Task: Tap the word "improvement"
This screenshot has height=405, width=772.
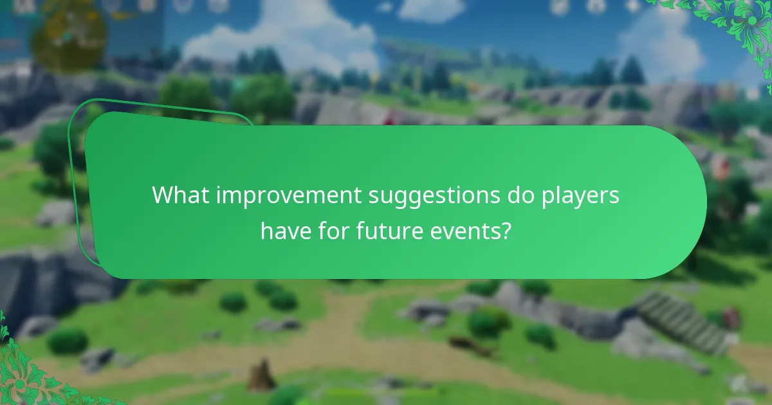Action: (x=289, y=195)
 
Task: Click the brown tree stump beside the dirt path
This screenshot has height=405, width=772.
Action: (x=262, y=375)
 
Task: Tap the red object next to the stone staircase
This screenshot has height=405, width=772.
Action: (x=731, y=318)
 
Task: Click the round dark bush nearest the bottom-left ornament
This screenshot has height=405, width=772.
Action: (x=67, y=341)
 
